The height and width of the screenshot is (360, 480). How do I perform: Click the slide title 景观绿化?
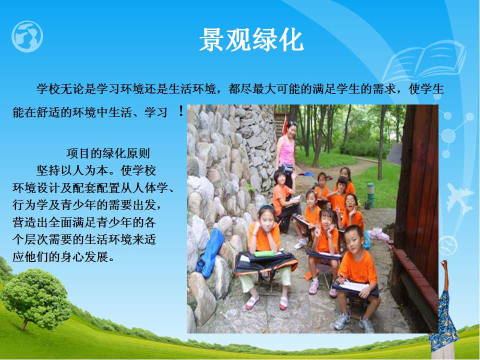[251, 40]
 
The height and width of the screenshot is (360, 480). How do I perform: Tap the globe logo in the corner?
[27, 36]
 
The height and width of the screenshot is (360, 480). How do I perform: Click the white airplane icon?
[458, 198]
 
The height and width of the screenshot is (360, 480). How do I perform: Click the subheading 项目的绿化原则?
[108, 153]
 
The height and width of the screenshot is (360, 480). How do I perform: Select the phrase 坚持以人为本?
[72, 170]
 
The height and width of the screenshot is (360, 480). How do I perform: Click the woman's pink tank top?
[286, 150]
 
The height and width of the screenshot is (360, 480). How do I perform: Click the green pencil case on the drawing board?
[264, 253]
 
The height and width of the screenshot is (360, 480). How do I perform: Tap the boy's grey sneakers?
[353, 322]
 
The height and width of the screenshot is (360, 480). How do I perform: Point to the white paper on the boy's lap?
[353, 286]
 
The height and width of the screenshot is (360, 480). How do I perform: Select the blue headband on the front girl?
[266, 206]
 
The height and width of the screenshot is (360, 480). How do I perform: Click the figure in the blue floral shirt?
[444, 315]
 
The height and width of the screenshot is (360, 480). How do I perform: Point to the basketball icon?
[448, 245]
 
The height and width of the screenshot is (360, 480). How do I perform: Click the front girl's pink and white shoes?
[266, 303]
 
